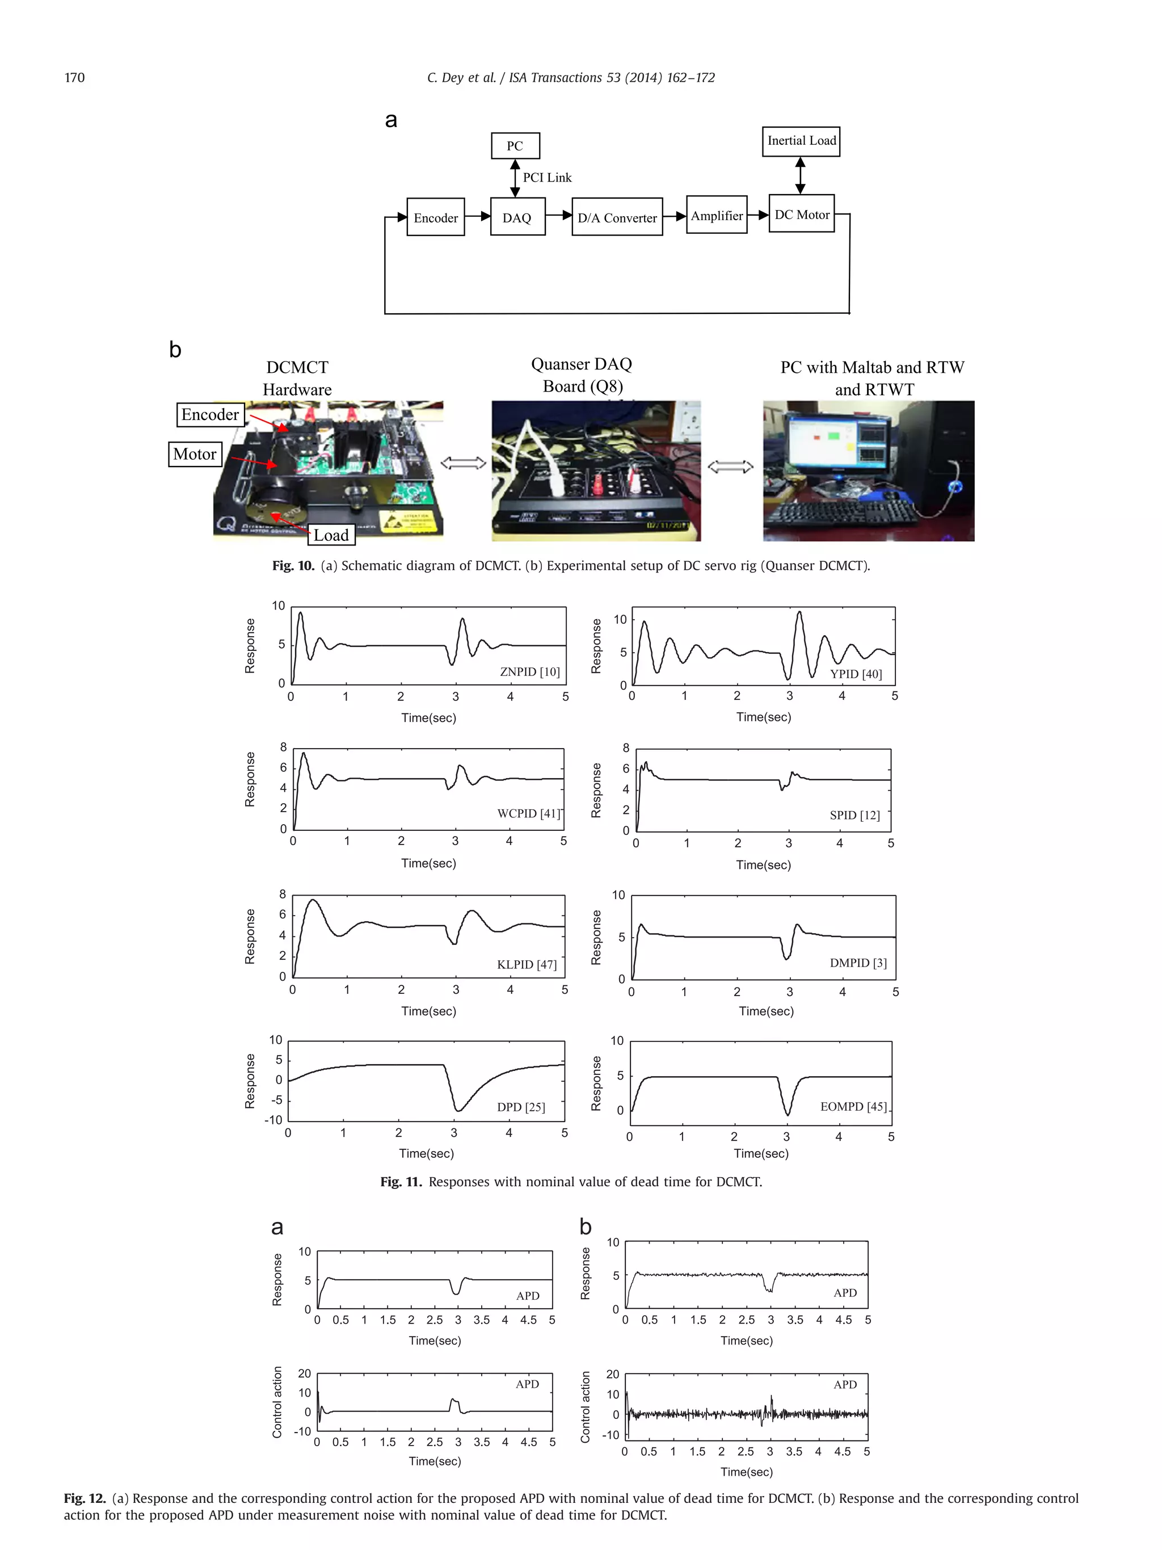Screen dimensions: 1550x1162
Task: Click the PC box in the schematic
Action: (515, 146)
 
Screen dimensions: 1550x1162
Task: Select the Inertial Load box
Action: (801, 141)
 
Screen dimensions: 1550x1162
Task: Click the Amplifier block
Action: (716, 216)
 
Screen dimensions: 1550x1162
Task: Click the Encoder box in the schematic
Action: (435, 218)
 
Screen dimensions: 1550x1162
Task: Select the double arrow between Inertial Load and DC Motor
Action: (800, 175)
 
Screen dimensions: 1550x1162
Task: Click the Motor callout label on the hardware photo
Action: (195, 454)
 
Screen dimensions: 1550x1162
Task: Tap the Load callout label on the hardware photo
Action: (331, 535)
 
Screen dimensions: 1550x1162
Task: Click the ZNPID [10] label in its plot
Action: (529, 672)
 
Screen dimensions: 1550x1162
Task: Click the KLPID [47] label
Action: (527, 965)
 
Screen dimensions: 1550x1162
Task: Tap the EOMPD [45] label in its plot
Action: (853, 1106)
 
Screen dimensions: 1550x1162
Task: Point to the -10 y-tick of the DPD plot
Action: (273, 1120)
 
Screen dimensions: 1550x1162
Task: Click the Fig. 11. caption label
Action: (401, 1182)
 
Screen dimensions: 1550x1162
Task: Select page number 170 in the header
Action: (74, 78)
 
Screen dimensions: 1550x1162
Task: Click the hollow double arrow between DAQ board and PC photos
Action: (731, 467)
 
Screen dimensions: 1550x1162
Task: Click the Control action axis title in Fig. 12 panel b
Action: (586, 1407)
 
